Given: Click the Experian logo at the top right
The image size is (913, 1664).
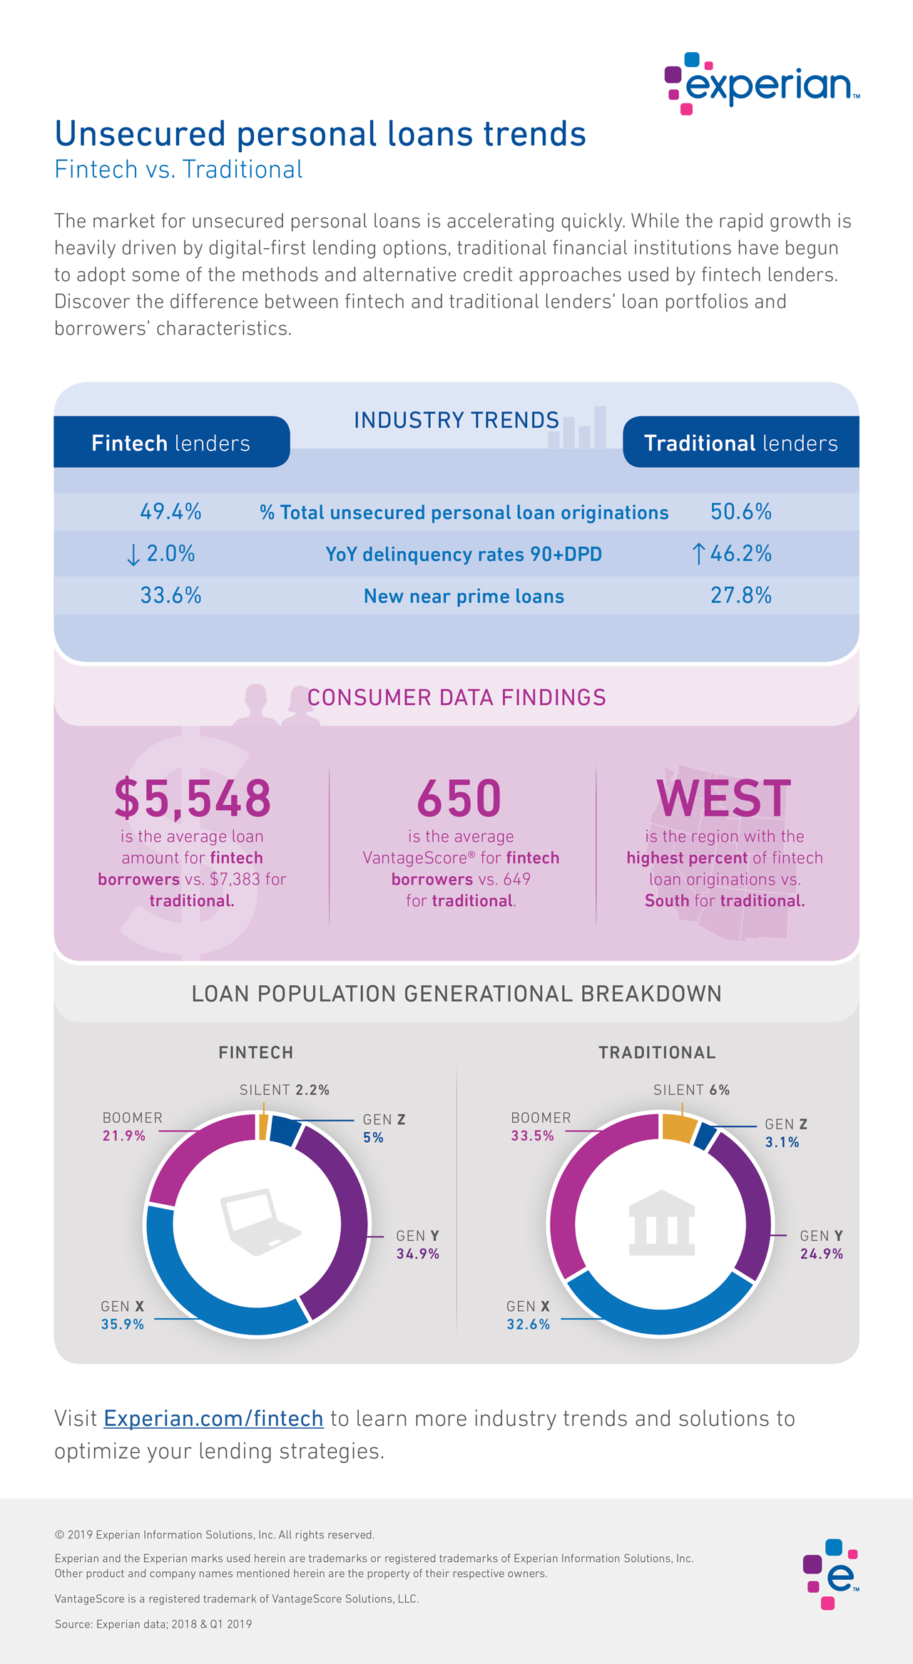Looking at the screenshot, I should click(x=762, y=83).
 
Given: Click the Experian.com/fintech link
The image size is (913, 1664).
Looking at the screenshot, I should click(x=213, y=1418).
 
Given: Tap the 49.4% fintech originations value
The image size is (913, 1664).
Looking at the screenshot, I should click(x=170, y=511).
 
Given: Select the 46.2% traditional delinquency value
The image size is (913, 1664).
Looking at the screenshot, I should click(x=740, y=553).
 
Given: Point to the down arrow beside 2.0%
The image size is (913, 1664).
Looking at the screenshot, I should click(x=133, y=555).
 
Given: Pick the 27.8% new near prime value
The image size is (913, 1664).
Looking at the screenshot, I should click(x=740, y=595).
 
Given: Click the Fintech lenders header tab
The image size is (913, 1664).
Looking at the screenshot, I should click(x=171, y=443).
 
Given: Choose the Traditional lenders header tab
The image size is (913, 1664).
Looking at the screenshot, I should click(x=740, y=443).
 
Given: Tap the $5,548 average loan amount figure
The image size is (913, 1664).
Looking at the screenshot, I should click(x=193, y=798).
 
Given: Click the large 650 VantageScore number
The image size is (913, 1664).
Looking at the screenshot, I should click(x=459, y=798).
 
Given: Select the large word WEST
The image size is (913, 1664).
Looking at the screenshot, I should click(x=723, y=798).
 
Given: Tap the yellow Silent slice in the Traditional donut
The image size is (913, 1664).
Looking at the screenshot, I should click(x=678, y=1126).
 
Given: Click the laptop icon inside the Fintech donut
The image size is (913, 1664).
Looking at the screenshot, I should click(x=258, y=1221).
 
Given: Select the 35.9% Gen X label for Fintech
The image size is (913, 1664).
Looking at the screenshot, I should click(x=122, y=1324).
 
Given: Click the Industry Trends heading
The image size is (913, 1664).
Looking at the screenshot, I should click(x=456, y=420).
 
